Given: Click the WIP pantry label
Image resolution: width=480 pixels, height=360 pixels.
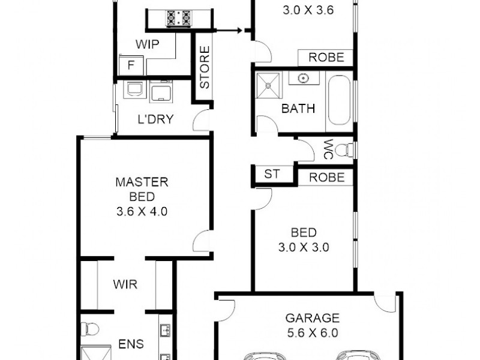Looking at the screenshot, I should (147, 44).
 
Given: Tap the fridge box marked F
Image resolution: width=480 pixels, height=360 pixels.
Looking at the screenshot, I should (130, 64).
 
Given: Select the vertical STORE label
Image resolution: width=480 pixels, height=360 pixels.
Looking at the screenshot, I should (204, 67).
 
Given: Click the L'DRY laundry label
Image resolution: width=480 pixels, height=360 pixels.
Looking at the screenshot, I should (155, 119).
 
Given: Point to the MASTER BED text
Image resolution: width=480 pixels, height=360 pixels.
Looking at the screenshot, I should (142, 189).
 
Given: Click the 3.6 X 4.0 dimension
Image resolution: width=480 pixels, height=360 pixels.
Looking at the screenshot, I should (142, 211).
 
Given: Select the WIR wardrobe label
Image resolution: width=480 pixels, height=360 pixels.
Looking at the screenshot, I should (125, 284).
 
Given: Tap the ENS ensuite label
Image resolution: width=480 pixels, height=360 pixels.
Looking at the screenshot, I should (131, 344).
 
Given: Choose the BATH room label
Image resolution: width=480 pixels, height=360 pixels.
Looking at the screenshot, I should (298, 109).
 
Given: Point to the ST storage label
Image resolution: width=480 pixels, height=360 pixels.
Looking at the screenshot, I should (272, 175).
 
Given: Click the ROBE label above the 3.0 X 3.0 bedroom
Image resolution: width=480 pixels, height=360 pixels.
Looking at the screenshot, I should (327, 178).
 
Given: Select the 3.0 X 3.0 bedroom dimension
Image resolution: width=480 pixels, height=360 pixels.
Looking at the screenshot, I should (304, 247).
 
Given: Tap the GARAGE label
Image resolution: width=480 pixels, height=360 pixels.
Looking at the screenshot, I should (312, 318).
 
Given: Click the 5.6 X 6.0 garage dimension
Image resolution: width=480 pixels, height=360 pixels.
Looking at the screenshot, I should (312, 332).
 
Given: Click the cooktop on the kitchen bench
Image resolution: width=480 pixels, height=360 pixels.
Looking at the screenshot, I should (178, 17).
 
